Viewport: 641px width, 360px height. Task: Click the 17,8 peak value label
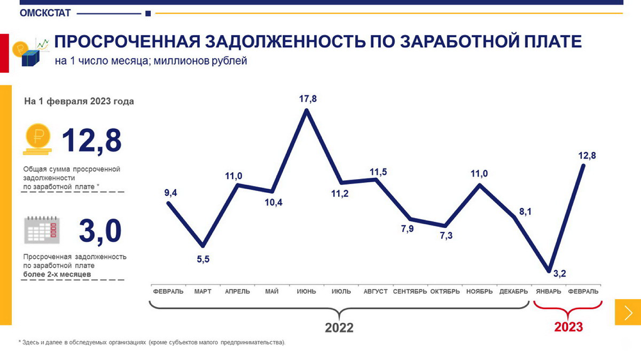pos(307,99)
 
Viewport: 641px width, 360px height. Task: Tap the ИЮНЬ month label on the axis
pos(307,292)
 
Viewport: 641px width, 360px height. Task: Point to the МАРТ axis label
pos(203,292)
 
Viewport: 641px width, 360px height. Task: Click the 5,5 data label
pos(203,259)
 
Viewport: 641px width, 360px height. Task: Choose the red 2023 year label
pos(568,327)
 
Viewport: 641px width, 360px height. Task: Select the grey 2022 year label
pos(339,328)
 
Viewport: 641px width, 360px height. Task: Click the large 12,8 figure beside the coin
pos(92,140)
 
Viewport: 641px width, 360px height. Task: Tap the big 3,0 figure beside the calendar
pos(99,231)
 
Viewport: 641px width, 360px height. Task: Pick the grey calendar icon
pos(41,230)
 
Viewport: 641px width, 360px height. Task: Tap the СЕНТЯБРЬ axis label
pos(410,292)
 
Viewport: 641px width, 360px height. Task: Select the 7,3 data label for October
pos(446,236)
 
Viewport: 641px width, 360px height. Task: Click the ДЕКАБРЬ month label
pos(514,292)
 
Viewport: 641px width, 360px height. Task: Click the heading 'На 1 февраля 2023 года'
pos(79,101)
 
